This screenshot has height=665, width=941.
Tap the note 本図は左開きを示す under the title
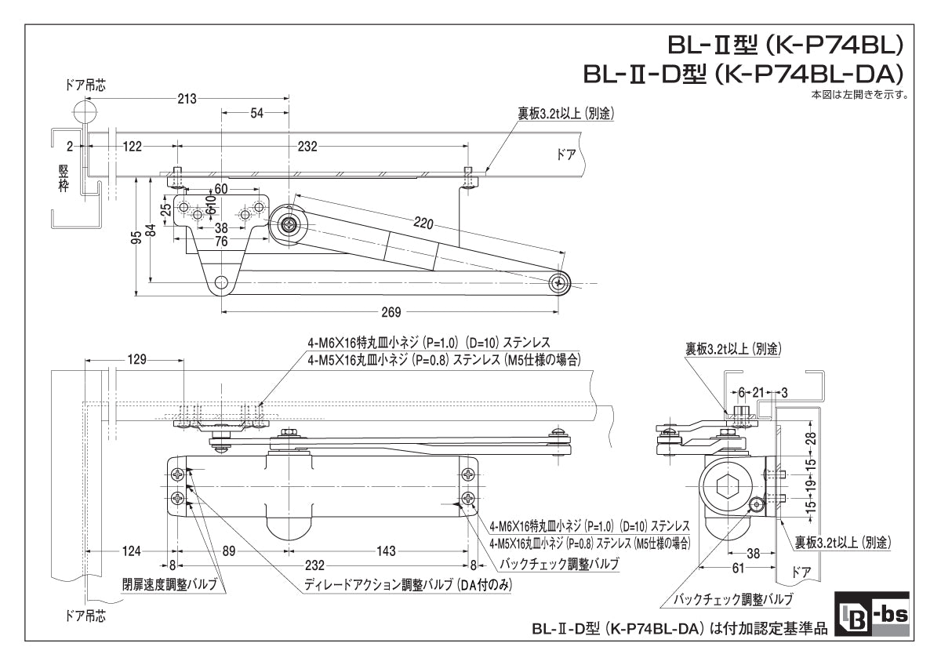[859, 95]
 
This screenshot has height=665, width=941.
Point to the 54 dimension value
[256, 114]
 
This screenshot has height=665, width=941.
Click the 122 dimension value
[133, 146]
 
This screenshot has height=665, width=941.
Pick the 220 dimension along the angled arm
[423, 224]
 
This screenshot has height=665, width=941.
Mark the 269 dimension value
[391, 311]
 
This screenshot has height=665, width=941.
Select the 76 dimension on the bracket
[221, 242]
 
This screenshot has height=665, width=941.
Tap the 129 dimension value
[136, 360]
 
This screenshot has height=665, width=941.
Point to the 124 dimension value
[132, 551]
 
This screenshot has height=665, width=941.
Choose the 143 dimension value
[386, 551]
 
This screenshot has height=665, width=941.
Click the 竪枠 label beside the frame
[64, 178]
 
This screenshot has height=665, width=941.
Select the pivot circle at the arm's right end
[559, 283]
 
